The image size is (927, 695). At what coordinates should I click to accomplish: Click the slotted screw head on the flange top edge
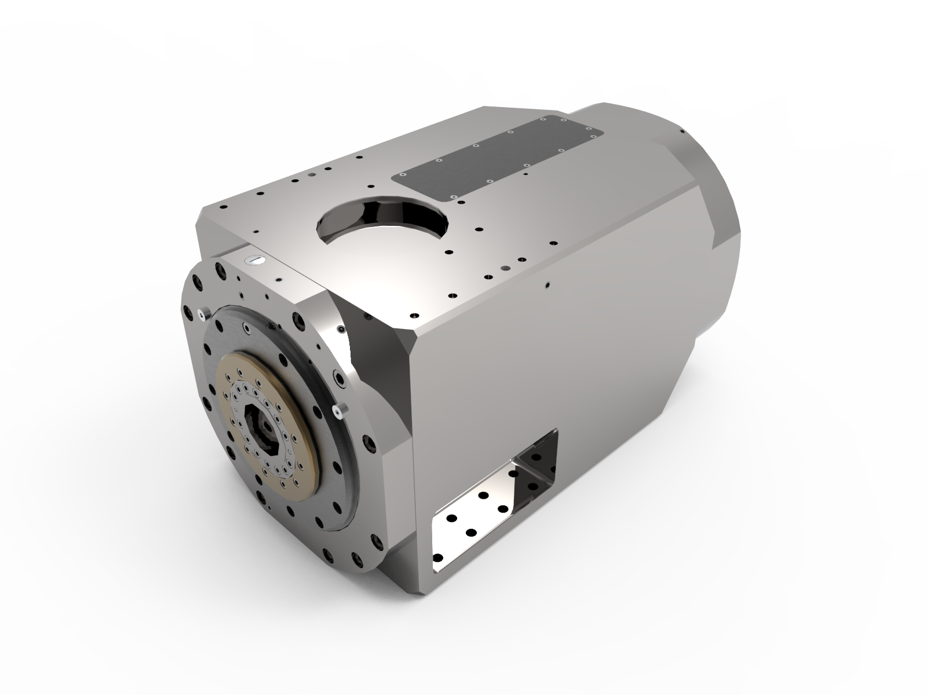[253, 260]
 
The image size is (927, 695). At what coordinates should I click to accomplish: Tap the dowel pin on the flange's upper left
[202, 314]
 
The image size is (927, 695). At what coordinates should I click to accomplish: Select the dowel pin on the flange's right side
[339, 410]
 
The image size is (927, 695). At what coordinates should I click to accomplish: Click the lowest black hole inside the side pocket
[439, 558]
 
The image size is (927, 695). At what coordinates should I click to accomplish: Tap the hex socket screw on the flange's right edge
[341, 329]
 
